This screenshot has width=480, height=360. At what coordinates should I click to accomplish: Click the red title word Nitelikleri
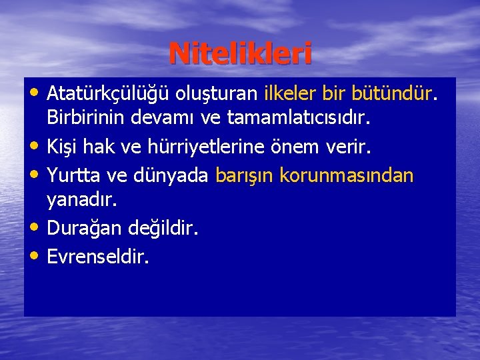tap(240, 54)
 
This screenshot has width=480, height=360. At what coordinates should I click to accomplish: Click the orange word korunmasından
tap(347, 176)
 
